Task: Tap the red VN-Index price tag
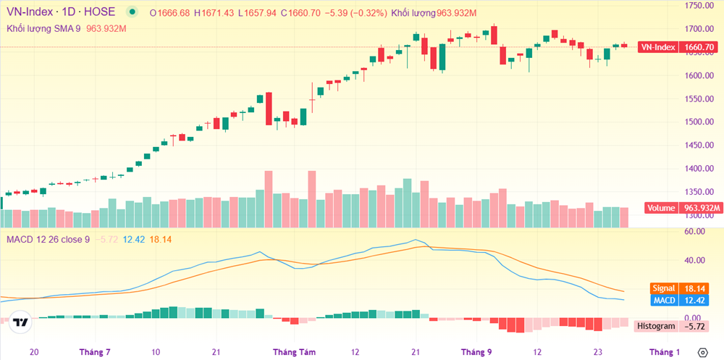tap(657, 47)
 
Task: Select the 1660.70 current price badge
tap(699, 47)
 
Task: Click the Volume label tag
tap(661, 209)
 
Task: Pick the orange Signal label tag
tap(663, 288)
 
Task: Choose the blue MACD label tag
tap(664, 300)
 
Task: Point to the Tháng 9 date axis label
tap(476, 352)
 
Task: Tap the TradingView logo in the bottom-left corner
tap(21, 323)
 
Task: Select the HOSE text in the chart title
tap(101, 12)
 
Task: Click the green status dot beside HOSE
tap(131, 12)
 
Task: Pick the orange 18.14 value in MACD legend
tap(161, 239)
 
